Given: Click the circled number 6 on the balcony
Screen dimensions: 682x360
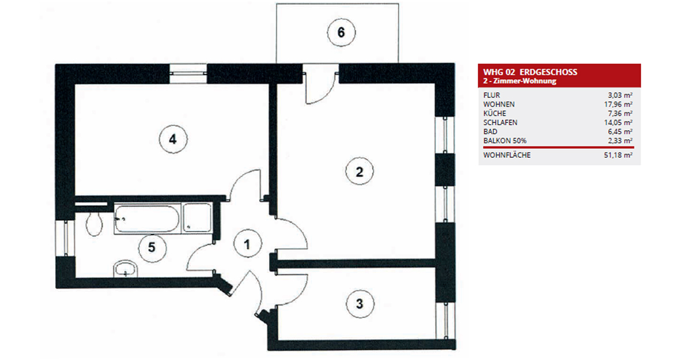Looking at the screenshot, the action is click(x=341, y=32).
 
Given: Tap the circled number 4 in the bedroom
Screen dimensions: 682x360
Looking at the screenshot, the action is click(x=173, y=140).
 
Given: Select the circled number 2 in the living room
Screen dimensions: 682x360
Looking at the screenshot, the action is click(x=359, y=172).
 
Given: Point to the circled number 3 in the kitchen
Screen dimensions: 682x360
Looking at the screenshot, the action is click(x=359, y=304).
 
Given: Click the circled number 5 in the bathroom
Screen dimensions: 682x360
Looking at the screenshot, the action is click(x=151, y=248).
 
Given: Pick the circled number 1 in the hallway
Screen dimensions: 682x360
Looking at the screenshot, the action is click(x=247, y=244).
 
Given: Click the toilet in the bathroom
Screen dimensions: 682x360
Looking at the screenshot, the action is click(x=94, y=224).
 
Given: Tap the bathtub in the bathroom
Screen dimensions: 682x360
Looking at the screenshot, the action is click(x=146, y=218).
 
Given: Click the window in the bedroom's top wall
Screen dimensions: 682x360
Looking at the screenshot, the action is click(x=187, y=73).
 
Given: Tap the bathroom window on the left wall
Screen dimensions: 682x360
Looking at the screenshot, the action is click(x=65, y=238).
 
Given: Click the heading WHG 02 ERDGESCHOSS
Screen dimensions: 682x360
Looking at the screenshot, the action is click(x=530, y=72).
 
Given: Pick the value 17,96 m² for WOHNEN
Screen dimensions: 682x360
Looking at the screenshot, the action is click(x=618, y=104).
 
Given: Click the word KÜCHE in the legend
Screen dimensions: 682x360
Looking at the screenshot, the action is click(x=495, y=113).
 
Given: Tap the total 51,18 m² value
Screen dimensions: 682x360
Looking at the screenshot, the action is click(x=618, y=155).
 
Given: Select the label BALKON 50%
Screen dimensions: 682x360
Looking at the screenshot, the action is click(x=505, y=141).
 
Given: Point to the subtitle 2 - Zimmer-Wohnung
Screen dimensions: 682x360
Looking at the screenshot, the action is click(x=520, y=82).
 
